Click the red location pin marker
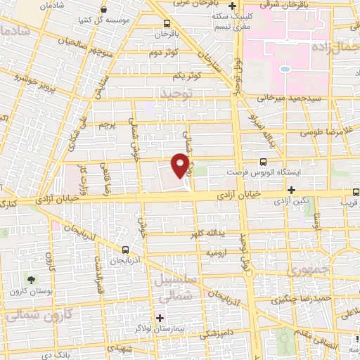(x=180, y=165)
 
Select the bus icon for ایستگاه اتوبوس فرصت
(x=264, y=161)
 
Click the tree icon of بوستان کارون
(x=30, y=280)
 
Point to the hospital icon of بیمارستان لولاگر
(x=160, y=317)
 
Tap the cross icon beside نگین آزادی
(x=291, y=190)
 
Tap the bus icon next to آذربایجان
(x=125, y=249)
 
